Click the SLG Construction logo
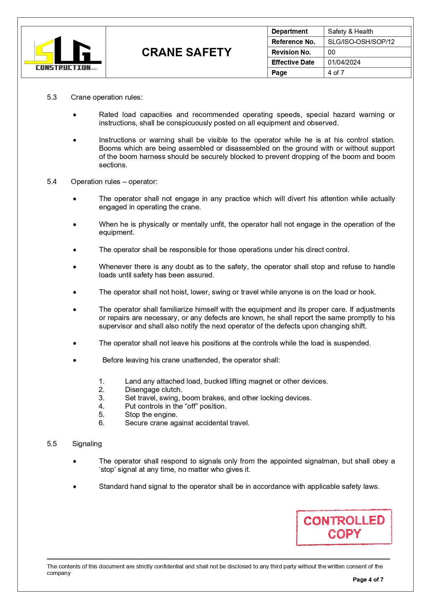pos(63,53)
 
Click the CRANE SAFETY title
pos(187,52)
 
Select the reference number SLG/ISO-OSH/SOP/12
pos(361,42)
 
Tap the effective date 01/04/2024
pos(344,62)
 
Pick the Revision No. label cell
pos(291,52)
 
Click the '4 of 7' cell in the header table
pos(336,73)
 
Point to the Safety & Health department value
pos(350,31)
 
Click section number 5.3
pos(52,97)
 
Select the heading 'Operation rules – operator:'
pos(114,182)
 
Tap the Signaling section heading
pos(87,444)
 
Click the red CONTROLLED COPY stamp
pos(344,527)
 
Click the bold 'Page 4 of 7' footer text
pos(368,579)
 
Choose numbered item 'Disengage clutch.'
pos(154,390)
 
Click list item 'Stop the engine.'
pos(151,415)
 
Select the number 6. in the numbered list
pos(101,423)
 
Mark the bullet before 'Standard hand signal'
pos(75,487)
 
